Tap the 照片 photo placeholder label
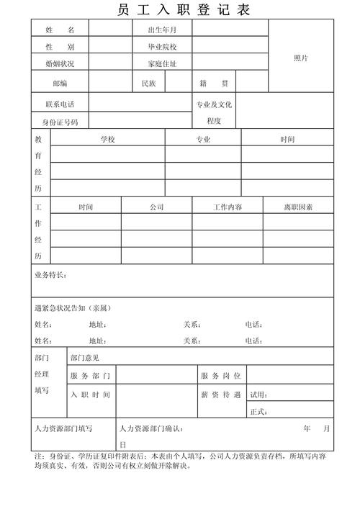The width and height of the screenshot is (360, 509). [301, 58]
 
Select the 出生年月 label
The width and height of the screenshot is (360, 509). [161, 30]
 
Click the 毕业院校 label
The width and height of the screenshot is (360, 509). [161, 47]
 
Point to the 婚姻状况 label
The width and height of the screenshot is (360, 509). [59, 64]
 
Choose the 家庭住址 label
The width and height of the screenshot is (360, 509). [161, 64]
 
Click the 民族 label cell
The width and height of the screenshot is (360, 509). [148, 84]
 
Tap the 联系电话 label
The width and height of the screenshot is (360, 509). [59, 104]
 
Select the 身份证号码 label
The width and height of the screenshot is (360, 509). [59, 122]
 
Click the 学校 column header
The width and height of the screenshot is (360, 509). [107, 140]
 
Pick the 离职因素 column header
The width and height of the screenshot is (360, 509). [297, 207]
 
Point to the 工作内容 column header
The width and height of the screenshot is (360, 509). [227, 207]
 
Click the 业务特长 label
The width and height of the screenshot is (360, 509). [51, 276]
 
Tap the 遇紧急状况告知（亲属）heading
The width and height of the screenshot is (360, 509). [73, 308]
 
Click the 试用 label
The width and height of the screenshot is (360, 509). [258, 395]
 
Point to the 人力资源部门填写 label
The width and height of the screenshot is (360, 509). [63, 429]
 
